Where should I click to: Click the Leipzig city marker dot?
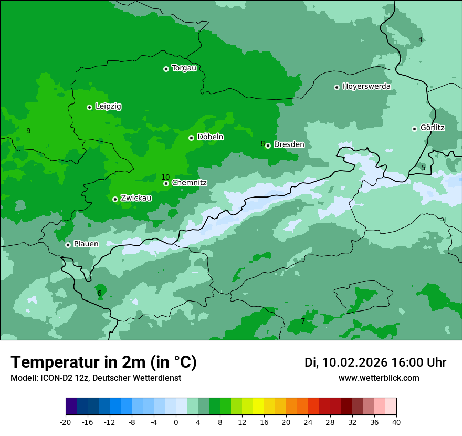click(x=89, y=107)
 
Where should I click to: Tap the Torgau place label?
click(x=184, y=68)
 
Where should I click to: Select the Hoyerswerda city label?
click(x=366, y=87)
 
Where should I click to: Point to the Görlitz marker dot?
click(x=414, y=129)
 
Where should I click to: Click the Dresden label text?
click(x=289, y=144)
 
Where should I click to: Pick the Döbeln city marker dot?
click(x=191, y=138)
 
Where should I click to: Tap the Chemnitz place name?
click(x=189, y=183)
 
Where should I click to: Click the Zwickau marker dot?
click(x=115, y=199)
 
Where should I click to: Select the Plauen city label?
click(x=86, y=244)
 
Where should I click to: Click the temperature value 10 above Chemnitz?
click(x=165, y=177)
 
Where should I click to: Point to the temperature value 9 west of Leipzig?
click(x=28, y=131)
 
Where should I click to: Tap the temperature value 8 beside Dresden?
click(x=262, y=143)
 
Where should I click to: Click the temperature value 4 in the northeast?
click(x=421, y=39)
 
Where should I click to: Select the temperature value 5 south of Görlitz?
click(x=423, y=168)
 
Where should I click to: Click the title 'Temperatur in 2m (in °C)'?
click(x=104, y=362)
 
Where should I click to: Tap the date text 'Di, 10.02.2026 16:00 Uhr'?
click(x=375, y=362)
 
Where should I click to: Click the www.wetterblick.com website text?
click(x=379, y=378)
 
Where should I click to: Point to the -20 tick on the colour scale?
click(x=66, y=422)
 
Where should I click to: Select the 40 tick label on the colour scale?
click(x=396, y=422)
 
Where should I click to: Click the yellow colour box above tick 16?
click(x=258, y=407)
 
